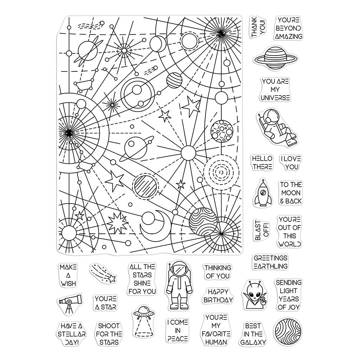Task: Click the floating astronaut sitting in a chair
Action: [x=274, y=128]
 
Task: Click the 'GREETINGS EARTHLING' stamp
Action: [x=270, y=262]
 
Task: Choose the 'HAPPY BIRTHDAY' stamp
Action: [x=218, y=296]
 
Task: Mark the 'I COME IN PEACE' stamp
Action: [x=178, y=330]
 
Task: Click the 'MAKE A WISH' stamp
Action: [x=68, y=275]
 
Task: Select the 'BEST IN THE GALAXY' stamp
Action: [x=253, y=333]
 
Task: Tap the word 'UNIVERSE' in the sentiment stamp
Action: [x=275, y=98]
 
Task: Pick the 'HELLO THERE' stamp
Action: [x=262, y=163]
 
